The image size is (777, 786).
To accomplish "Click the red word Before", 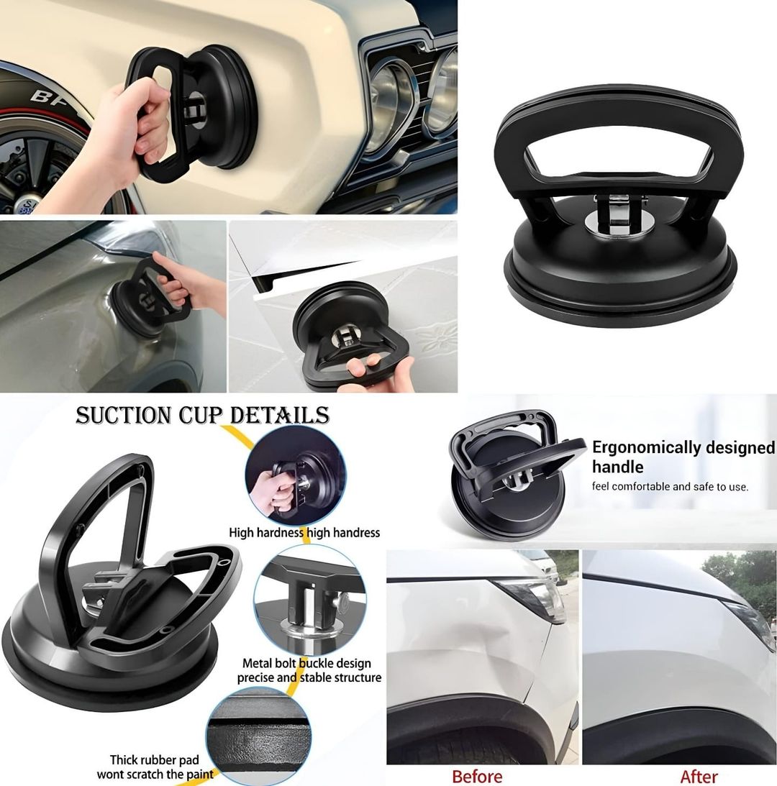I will (x=477, y=776).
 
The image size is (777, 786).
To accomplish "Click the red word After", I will (x=699, y=777).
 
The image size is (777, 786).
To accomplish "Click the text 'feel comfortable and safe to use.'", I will (x=670, y=487).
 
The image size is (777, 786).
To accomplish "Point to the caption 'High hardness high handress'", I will (x=304, y=533).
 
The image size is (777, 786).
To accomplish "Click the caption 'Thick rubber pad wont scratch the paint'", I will (x=155, y=767).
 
